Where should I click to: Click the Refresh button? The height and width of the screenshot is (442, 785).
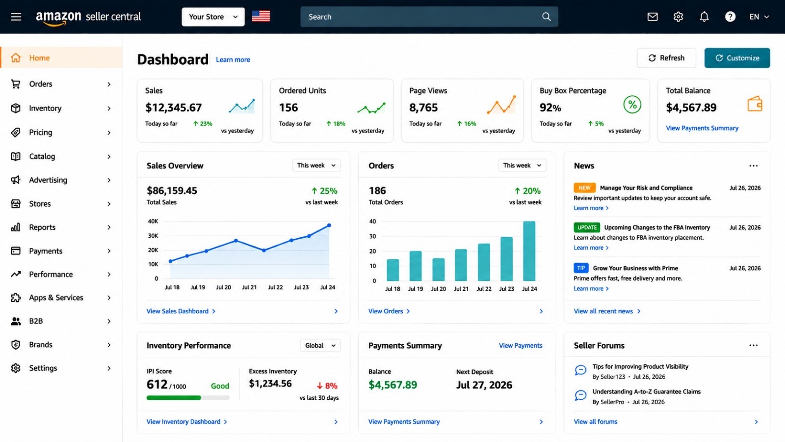tap(666, 58)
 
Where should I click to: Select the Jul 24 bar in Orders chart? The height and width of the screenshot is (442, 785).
tap(529, 251)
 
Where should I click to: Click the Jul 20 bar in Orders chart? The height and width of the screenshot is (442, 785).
tap(439, 270)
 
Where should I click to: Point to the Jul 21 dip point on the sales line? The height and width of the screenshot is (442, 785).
tap(264, 250)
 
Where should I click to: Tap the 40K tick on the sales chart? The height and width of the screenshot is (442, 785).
tap(153, 221)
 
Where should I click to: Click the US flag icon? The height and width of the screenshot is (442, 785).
tap(261, 17)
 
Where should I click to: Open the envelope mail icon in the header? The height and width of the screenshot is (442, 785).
tap(652, 17)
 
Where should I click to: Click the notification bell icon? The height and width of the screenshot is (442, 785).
tap(704, 17)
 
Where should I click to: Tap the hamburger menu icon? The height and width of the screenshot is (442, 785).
tap(16, 17)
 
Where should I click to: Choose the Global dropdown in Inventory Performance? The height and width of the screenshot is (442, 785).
tap(320, 346)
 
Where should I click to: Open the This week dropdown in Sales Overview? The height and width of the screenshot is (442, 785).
tap(316, 165)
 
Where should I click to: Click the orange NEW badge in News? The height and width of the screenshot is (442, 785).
tap(584, 188)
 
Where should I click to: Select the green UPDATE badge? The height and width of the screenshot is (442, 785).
tap(587, 227)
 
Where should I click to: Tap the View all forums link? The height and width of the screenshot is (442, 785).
tap(596, 422)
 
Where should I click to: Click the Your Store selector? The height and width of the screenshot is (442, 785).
tap(213, 17)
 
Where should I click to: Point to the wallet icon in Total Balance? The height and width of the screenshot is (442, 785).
tap(755, 104)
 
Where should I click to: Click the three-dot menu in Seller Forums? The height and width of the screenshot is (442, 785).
tap(754, 346)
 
